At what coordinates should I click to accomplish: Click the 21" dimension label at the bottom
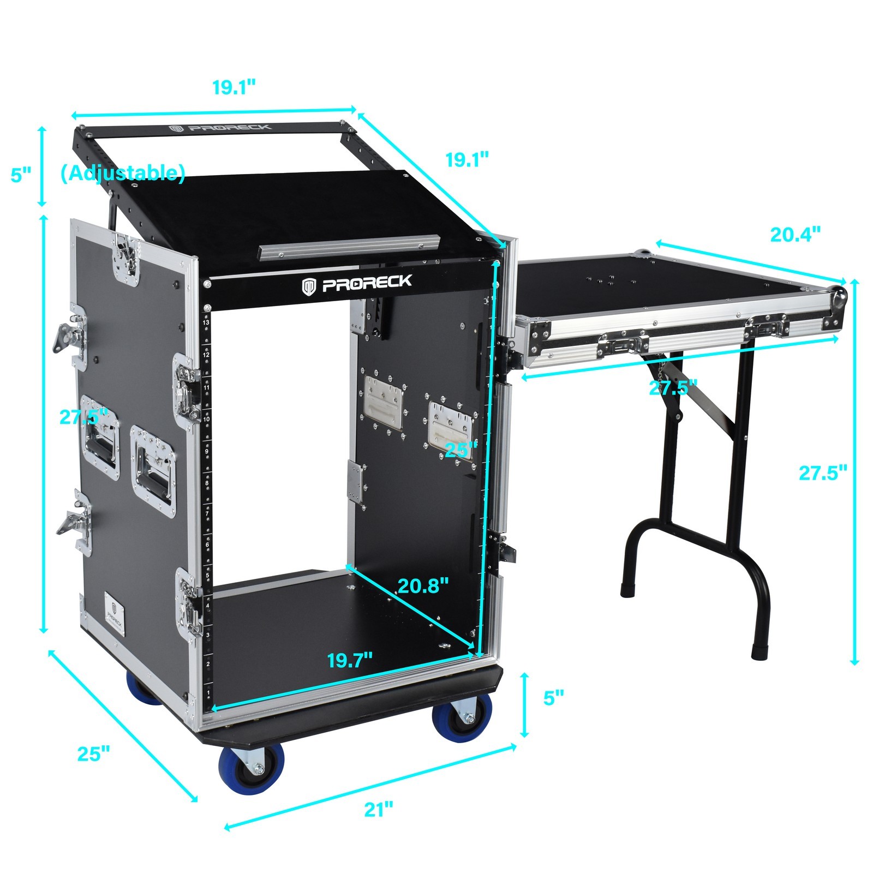coord(379,809)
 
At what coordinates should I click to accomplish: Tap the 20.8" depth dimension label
coord(423,585)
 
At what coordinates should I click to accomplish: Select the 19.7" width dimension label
coord(350,660)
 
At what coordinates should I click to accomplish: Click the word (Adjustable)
coord(123,173)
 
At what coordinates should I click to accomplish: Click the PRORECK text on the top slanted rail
coord(220,128)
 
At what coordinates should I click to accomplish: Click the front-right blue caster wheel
coord(462,720)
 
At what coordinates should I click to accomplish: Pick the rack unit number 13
coord(206,323)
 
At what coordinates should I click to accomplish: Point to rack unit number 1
coord(208,693)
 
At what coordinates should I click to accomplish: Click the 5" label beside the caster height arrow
coord(553,698)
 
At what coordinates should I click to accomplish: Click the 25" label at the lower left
coord(93,754)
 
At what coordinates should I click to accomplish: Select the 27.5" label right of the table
coord(823,473)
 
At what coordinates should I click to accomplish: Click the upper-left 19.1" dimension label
coord(234,87)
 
